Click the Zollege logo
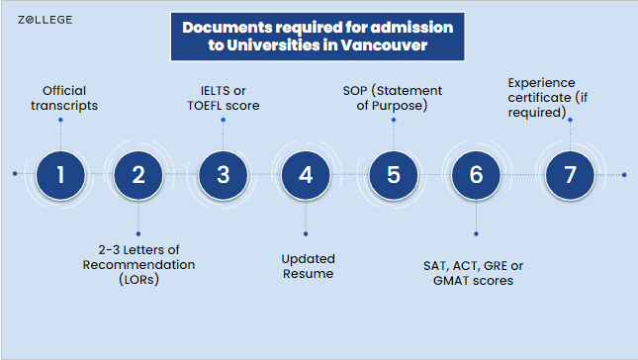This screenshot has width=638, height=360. point(46,20)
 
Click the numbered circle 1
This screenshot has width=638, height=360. point(60,175)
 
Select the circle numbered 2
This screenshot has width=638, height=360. point(138,175)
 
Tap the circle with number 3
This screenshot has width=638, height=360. point(223,175)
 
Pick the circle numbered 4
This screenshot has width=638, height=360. point(306,175)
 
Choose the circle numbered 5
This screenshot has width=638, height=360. point(394,175)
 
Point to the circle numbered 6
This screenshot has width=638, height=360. point(476,175)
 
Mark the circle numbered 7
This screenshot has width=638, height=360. point(570,175)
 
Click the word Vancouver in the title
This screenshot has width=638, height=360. point(384,45)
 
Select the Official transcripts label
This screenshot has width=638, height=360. point(64,98)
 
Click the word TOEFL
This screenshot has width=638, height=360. point(205,106)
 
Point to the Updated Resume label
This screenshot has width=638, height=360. point(308,266)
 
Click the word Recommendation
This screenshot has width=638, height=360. point(138,265)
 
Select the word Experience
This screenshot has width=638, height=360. point(542,83)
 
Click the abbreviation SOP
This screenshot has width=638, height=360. point(355,91)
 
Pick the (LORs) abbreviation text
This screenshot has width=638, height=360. point(138,280)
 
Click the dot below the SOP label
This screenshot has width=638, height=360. point(394,120)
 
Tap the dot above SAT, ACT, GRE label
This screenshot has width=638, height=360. point(476,233)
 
